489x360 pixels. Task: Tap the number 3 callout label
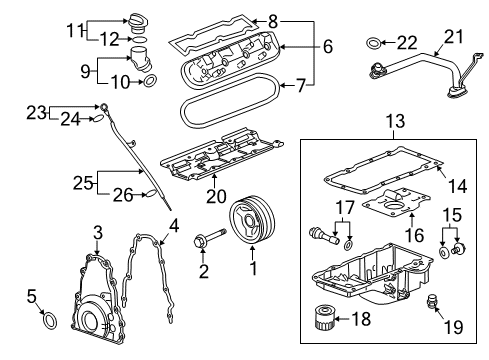[x=97, y=233]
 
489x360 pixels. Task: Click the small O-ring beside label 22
[x=373, y=42]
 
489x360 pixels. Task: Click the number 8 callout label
[x=276, y=18]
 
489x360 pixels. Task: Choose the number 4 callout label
[x=173, y=225]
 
